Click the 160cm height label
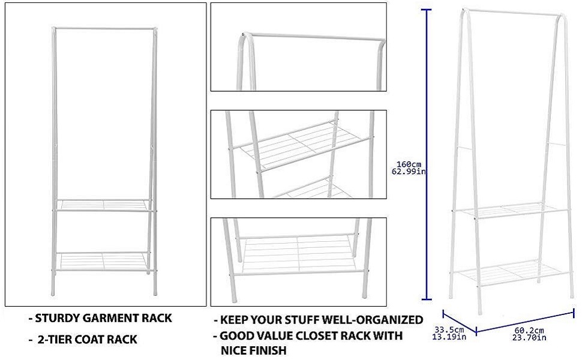coord(409,163)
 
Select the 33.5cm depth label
coord(450,329)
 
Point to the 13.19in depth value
coord(450,337)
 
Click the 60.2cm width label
coord(529,331)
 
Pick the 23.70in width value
coord(529,338)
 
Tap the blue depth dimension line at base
coord(460,322)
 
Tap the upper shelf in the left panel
coord(103,205)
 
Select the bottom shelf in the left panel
coord(103,261)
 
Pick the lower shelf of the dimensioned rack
coord(513,273)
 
